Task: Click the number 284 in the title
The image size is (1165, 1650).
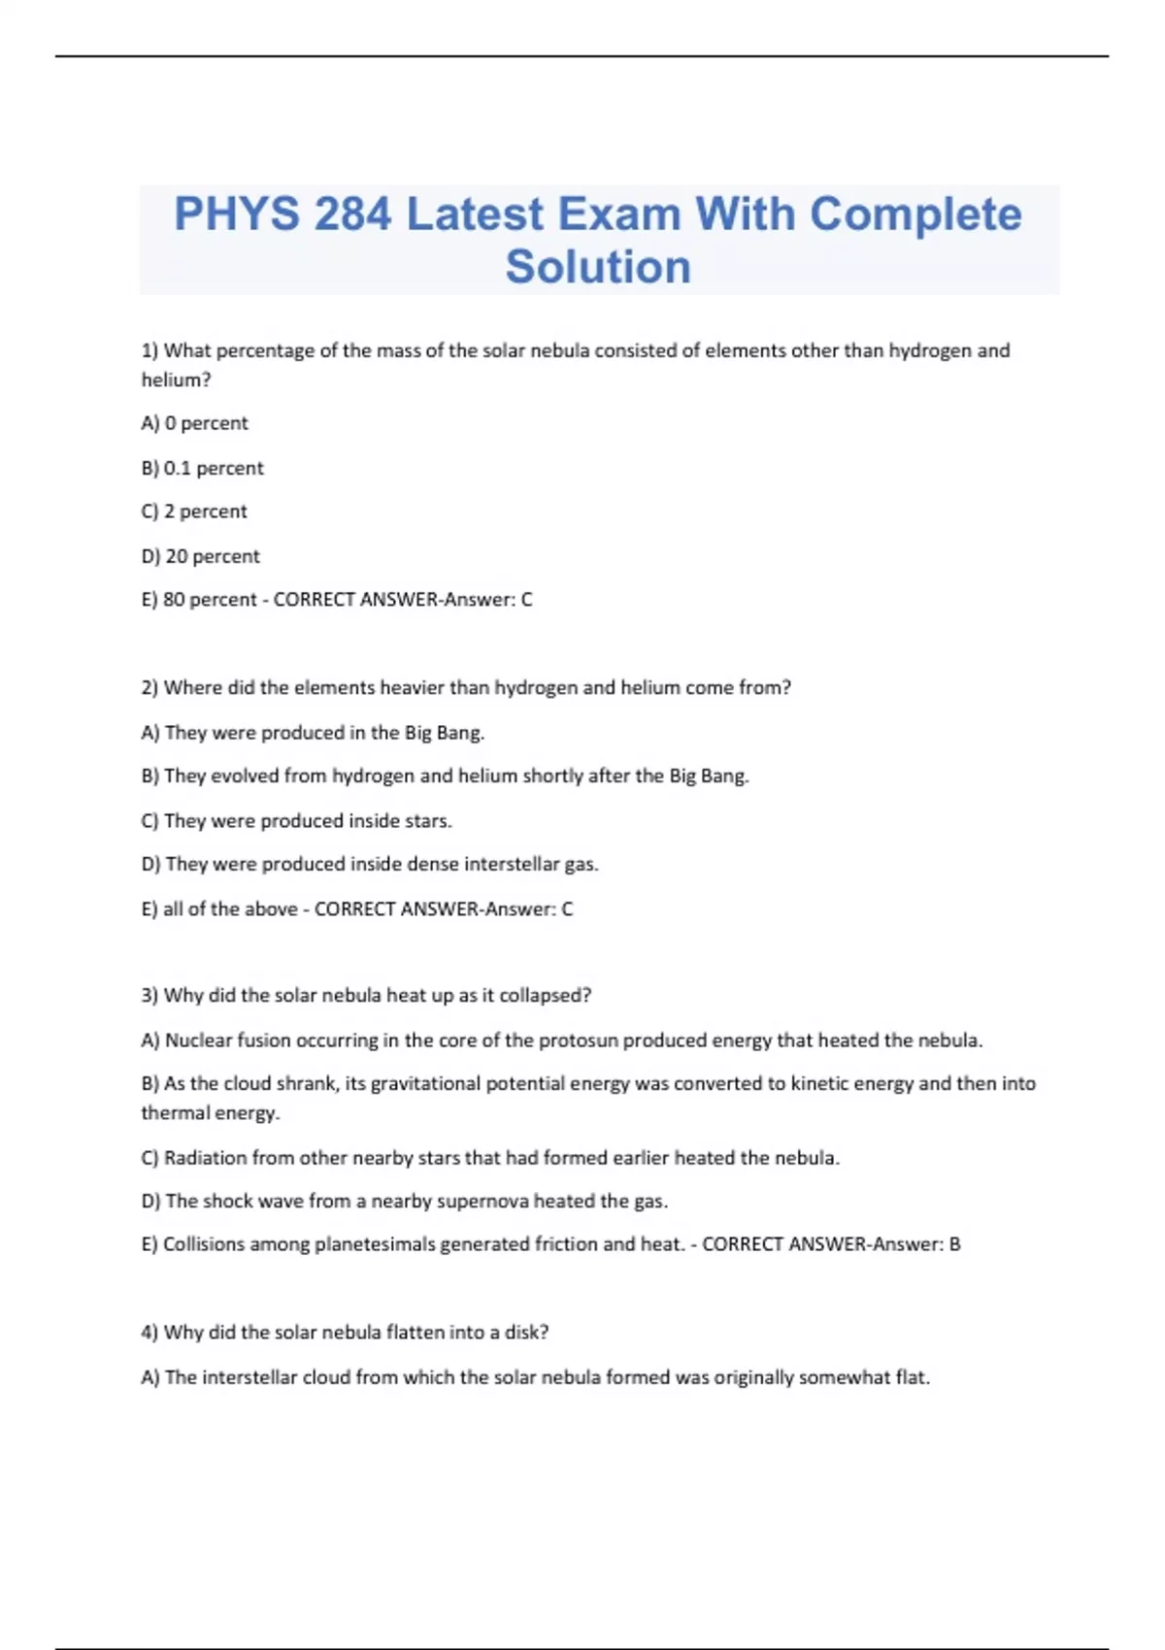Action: coord(352,214)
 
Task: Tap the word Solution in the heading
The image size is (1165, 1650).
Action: coord(598,267)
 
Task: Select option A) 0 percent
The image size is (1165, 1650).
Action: coord(195,423)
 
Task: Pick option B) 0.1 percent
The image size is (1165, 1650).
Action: coord(203,468)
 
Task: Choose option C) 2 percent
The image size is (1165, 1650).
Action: coord(194,511)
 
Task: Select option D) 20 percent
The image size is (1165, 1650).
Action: coord(201,556)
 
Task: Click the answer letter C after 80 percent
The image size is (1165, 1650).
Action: coord(526,600)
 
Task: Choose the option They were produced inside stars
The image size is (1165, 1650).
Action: coord(297,821)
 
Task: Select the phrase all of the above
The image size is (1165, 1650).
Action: coord(230,909)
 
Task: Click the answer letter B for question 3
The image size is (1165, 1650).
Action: coord(954,1244)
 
